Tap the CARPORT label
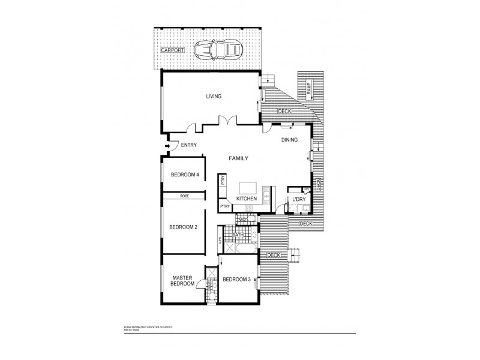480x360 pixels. [x=173, y=49]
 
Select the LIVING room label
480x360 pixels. [x=214, y=96]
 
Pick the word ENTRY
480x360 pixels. [x=189, y=145]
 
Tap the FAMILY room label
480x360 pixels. [x=238, y=158]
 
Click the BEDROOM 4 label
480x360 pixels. [x=184, y=175]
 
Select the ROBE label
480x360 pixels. [x=184, y=196]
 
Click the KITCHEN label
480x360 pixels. [x=246, y=199]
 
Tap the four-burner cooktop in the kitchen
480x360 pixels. [x=248, y=208]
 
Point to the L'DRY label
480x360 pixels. [x=299, y=199]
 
